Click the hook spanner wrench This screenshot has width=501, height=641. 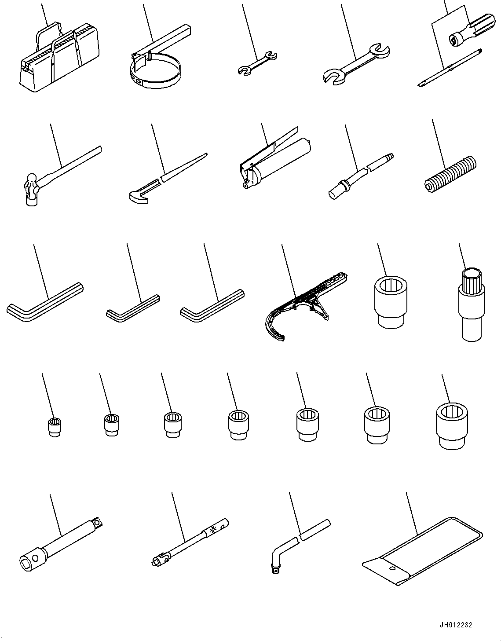point(304,304)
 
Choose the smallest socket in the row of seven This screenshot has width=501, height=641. point(54,427)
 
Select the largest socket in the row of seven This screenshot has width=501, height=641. point(452,427)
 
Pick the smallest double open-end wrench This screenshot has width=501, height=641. point(257,62)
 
